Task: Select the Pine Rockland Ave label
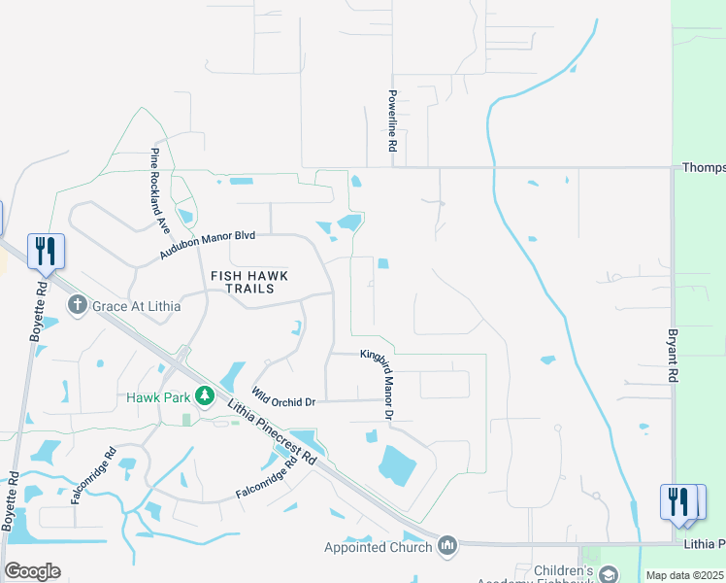(x=158, y=191)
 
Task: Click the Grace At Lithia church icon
(x=79, y=306)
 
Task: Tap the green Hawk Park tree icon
(x=204, y=395)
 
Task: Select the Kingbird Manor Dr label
(x=377, y=385)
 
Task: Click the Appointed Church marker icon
(x=447, y=546)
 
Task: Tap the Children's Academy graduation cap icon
(x=608, y=575)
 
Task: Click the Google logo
(x=33, y=570)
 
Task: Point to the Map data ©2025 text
(x=684, y=575)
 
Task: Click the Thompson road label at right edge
(x=704, y=167)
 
